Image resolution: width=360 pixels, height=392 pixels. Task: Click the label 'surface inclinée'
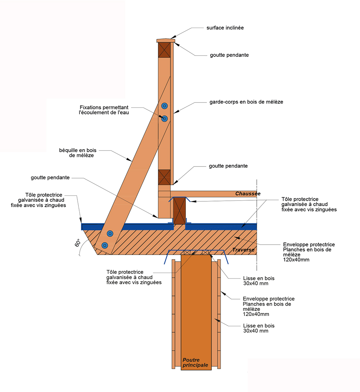[x=225, y=28]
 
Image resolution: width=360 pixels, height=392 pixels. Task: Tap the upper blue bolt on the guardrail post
[x=165, y=106]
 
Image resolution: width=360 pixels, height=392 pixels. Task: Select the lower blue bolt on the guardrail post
[x=165, y=118]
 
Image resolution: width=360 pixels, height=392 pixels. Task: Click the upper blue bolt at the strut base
[x=110, y=234]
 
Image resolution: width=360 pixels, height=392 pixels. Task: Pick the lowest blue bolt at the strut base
[x=105, y=246]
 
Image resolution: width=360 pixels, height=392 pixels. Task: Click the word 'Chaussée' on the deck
[x=248, y=194]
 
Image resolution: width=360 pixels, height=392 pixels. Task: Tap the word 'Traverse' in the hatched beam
[x=243, y=250]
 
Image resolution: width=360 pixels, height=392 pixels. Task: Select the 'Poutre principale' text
[x=195, y=363]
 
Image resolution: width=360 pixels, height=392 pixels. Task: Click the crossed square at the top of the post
[x=164, y=50]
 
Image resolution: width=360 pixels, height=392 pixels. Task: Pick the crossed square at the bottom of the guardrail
[x=164, y=177]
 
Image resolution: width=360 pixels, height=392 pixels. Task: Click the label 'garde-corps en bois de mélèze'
[x=246, y=102]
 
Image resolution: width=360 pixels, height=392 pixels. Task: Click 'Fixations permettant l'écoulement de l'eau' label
[x=104, y=110]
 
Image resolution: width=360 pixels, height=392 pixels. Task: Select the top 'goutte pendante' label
[x=229, y=55]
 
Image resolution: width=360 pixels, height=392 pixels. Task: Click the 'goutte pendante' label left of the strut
[x=50, y=178]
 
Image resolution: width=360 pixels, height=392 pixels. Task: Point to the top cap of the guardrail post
[x=166, y=41]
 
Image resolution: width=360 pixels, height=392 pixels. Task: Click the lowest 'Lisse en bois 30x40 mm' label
[x=256, y=328]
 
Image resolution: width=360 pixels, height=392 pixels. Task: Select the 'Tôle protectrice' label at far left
[x=44, y=200]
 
